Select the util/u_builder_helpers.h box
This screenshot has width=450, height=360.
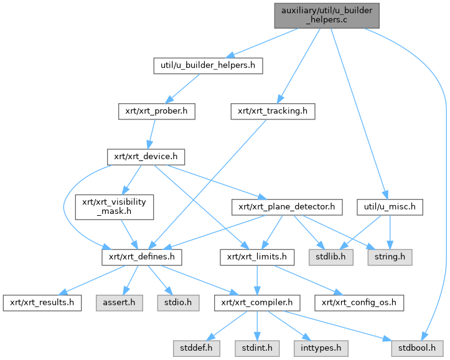pos(209,65)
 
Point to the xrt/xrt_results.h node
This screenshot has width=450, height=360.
pos(42,303)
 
